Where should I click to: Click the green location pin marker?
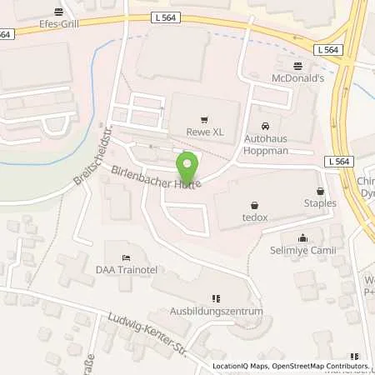(x=187, y=162)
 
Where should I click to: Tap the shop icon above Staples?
(x=320, y=191)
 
